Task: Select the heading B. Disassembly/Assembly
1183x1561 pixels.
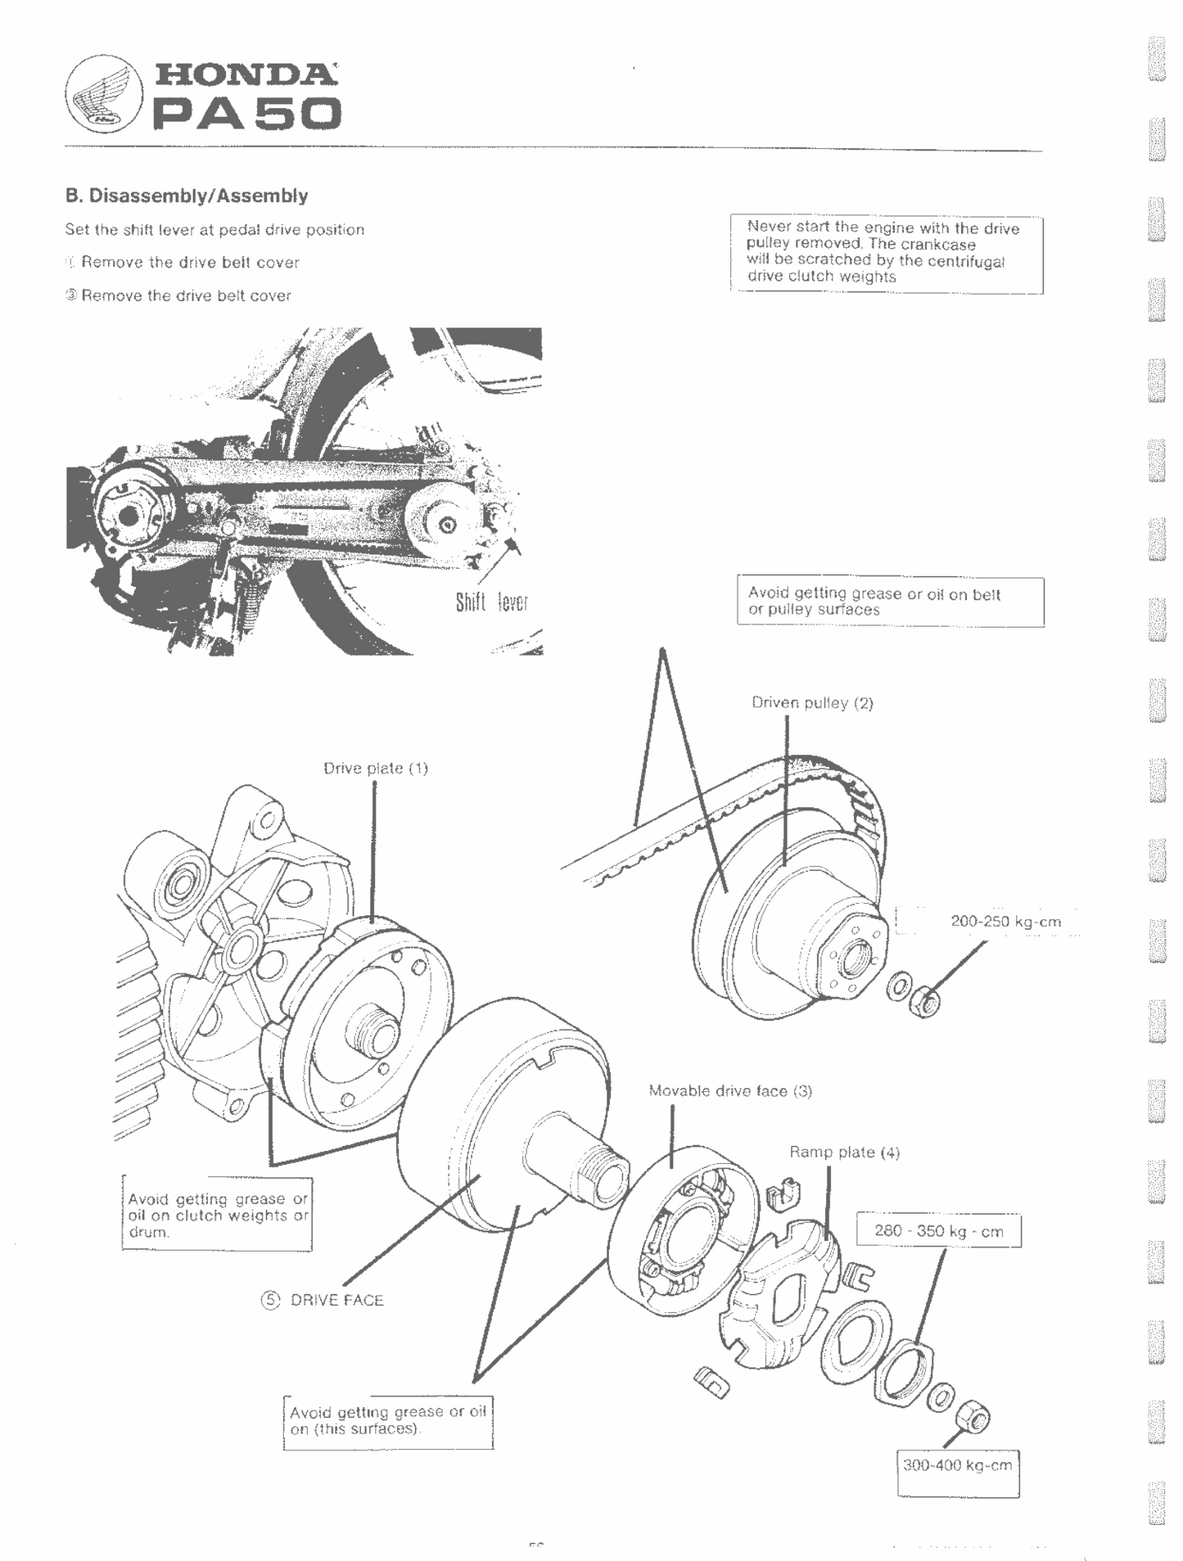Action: click(187, 196)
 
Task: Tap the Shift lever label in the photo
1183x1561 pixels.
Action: click(491, 603)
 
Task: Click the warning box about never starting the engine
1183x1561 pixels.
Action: click(886, 253)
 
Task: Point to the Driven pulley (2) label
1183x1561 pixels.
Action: click(812, 703)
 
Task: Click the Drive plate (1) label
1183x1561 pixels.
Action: click(376, 769)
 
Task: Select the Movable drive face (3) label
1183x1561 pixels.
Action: click(730, 1091)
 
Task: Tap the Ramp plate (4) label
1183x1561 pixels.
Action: click(844, 1153)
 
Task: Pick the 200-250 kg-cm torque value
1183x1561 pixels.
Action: click(1005, 922)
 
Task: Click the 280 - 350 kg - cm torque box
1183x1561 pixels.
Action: click(938, 1231)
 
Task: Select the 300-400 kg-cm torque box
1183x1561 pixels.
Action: click(957, 1465)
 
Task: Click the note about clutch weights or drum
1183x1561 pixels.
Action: click(218, 1216)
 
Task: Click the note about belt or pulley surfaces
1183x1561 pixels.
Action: click(890, 602)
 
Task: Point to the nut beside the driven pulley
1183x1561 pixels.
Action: click(926, 1001)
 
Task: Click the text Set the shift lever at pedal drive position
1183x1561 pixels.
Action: click(214, 230)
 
